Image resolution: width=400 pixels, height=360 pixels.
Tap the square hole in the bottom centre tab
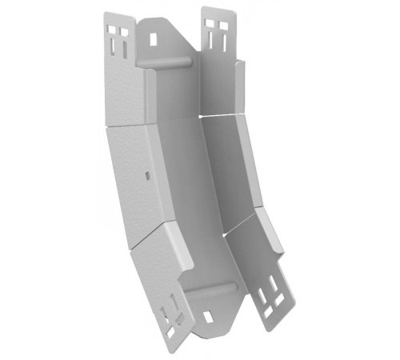(209, 317)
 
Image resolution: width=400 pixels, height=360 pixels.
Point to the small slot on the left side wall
(146, 174)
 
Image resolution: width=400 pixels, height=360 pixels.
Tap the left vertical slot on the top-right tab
(210, 41)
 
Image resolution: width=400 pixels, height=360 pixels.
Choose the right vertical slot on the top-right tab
(221, 41)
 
